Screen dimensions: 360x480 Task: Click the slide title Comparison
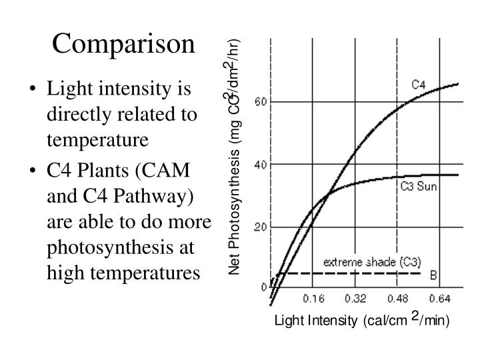click(x=124, y=43)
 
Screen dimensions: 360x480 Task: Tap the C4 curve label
click(x=418, y=85)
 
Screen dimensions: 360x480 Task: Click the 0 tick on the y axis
click(x=263, y=287)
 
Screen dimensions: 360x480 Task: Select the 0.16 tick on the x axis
click(x=313, y=298)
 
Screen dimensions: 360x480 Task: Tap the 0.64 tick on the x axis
click(x=438, y=298)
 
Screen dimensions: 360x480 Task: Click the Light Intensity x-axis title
click(x=363, y=321)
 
